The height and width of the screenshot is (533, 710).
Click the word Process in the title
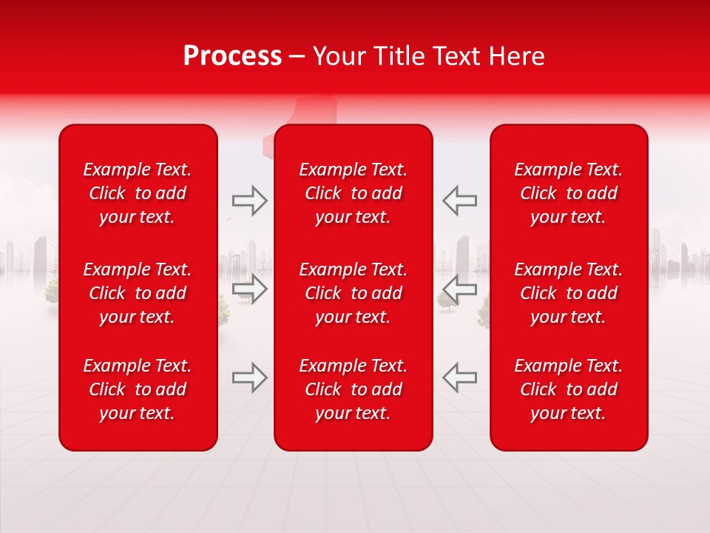coord(232,56)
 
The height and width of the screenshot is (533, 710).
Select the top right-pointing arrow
coord(250,201)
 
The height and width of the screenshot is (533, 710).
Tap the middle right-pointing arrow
coord(250,289)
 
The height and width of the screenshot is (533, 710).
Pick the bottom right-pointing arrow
coord(250,378)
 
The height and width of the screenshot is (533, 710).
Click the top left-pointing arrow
coord(459,201)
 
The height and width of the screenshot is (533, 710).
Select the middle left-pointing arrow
coord(459,289)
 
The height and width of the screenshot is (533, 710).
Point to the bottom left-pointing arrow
coord(459,378)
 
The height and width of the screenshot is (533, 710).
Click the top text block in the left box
coord(138,193)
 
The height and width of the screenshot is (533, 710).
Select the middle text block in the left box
coord(138,293)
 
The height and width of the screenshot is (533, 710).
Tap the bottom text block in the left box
coord(138,389)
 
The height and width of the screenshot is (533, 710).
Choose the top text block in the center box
coord(353,193)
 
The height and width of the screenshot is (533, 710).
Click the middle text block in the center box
coord(353,293)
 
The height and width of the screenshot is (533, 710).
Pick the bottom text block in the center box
coord(353,389)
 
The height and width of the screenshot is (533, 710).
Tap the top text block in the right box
coord(568,193)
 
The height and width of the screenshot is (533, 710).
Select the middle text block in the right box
coord(568,293)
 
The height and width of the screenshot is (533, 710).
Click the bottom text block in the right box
coord(568,389)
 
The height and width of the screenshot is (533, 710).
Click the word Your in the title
coord(339,56)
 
